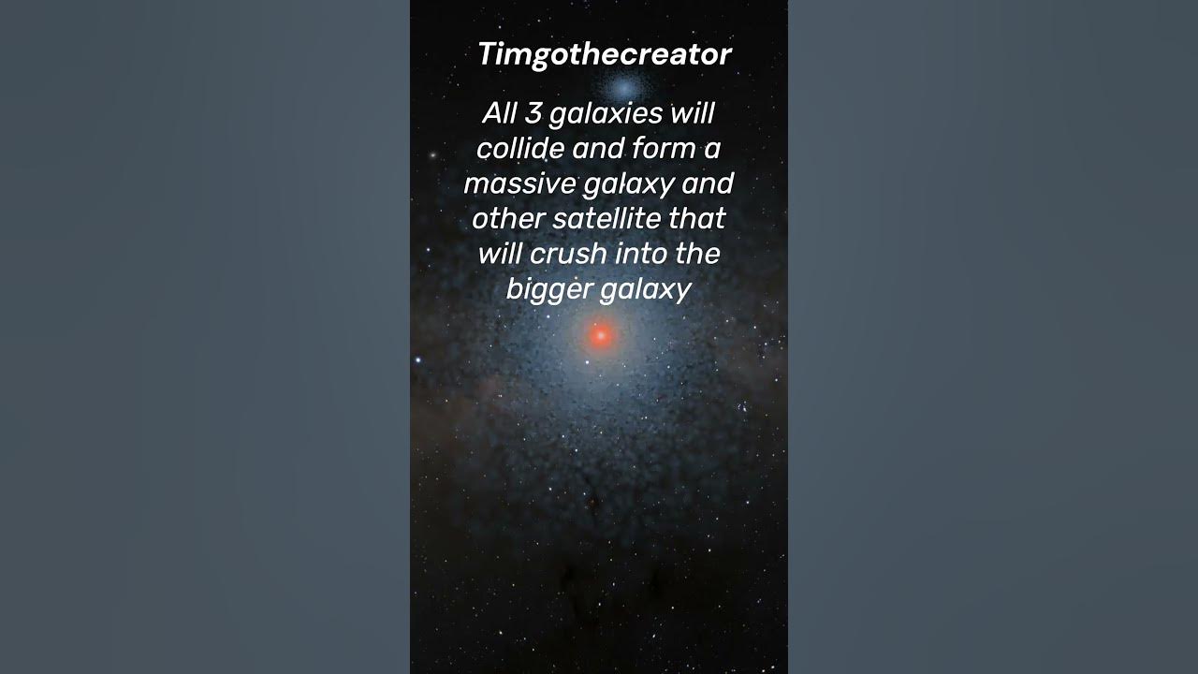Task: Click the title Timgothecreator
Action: [x=604, y=54]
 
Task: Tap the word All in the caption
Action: [x=500, y=113]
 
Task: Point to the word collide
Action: [x=519, y=148]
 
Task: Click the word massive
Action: [x=519, y=183]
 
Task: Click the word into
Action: [x=637, y=254]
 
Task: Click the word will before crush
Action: [x=501, y=254]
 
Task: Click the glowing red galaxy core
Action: [x=600, y=335]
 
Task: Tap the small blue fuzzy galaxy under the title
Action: [x=621, y=88]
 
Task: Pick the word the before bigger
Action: [x=696, y=254]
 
